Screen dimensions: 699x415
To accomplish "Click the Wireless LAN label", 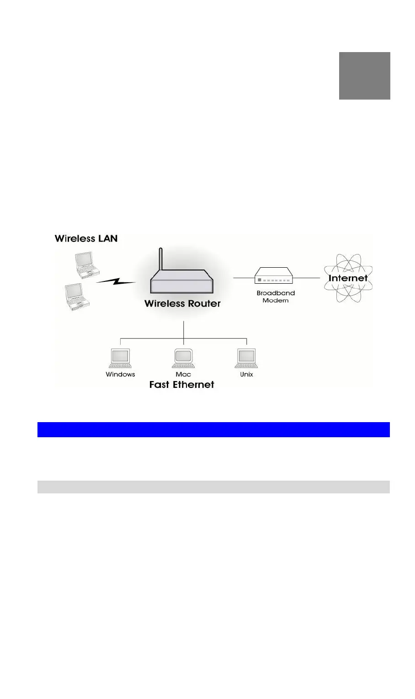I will [x=86, y=238].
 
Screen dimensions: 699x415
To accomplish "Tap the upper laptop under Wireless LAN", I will [x=87, y=265].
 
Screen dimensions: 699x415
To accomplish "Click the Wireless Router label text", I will [x=182, y=304].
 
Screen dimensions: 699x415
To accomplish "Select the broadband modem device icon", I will [x=274, y=276].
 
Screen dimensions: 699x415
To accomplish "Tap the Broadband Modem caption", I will [x=276, y=297].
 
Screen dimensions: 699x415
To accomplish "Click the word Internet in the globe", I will [x=348, y=278].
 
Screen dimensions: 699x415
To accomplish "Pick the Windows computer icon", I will [x=120, y=358].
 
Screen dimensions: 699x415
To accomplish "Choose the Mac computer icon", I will [x=183, y=358].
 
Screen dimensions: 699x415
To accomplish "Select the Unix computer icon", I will [x=246, y=358].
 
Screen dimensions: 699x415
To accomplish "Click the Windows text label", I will [x=120, y=375].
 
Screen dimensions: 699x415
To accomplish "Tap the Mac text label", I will [x=183, y=375].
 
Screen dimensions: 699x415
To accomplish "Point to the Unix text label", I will [x=246, y=375].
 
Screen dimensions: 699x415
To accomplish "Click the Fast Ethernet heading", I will [x=181, y=385].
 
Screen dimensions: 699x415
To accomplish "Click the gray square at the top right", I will [x=364, y=76].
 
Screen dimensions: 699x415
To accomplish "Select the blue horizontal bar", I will [x=213, y=429].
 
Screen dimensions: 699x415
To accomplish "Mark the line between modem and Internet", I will [x=307, y=278].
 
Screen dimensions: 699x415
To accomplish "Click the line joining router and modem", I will [x=244, y=278].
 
